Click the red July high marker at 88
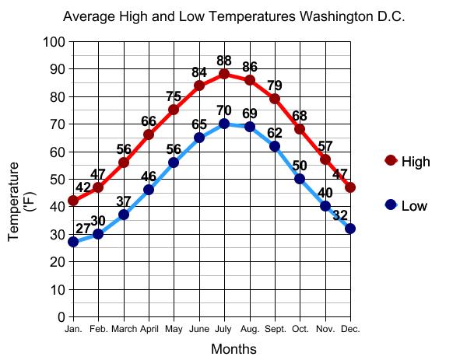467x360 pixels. pyautogui.click(x=224, y=75)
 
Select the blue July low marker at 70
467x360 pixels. pyautogui.click(x=224, y=124)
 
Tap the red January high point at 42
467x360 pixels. pyautogui.click(x=73, y=201)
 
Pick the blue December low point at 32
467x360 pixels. pyautogui.click(x=350, y=229)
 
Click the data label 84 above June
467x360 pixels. pyautogui.click(x=199, y=73)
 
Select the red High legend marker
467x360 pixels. pyautogui.click(x=391, y=161)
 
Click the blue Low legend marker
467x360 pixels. pyautogui.click(x=391, y=205)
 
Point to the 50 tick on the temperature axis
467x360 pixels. pyautogui.click(x=57, y=180)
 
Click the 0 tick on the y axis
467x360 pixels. pyautogui.click(x=61, y=317)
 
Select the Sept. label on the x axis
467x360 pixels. pyautogui.click(x=275, y=329)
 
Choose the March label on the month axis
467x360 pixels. pyautogui.click(x=124, y=329)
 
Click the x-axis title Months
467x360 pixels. pyautogui.click(x=233, y=349)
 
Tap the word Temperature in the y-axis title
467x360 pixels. pyautogui.click(x=15, y=201)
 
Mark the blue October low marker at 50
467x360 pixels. pyautogui.click(x=300, y=179)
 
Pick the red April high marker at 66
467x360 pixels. pyautogui.click(x=149, y=135)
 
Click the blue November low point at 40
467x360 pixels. pyautogui.click(x=325, y=206)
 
